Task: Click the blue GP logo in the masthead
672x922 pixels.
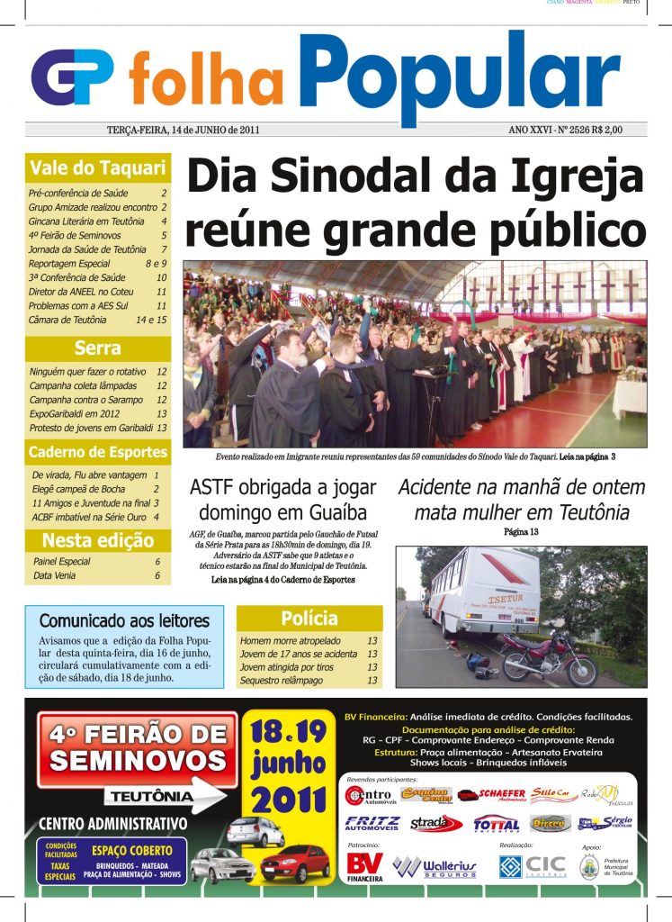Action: [x=72, y=76]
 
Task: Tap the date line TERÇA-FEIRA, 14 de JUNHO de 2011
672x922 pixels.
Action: [x=184, y=130]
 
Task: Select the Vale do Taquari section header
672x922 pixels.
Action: [x=97, y=167]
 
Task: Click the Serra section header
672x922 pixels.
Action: [x=97, y=348]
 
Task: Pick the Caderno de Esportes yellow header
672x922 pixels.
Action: [x=97, y=452]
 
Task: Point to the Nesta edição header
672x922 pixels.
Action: [x=97, y=542]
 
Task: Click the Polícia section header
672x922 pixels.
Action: [x=309, y=619]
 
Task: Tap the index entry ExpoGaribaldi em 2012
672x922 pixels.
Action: [x=74, y=413]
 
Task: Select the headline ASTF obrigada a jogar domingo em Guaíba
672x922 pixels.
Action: [x=282, y=501]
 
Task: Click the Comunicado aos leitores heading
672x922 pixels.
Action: [x=124, y=621]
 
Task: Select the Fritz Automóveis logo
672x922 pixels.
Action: [x=372, y=823]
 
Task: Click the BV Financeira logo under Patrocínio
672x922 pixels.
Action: [x=366, y=866]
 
